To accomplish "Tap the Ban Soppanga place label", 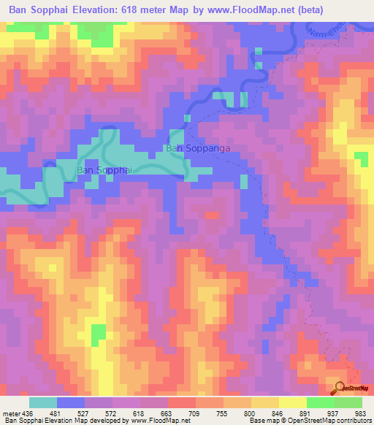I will (198, 149).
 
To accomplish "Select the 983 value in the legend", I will (361, 413).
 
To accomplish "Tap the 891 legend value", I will (305, 413).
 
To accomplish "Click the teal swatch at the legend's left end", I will (43, 402).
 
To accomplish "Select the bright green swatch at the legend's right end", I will (348, 402).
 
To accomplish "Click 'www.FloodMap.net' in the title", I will (224, 9).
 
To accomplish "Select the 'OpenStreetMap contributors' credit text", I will (322, 421).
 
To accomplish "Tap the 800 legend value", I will (250, 413).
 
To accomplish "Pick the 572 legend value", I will (125, 413).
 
